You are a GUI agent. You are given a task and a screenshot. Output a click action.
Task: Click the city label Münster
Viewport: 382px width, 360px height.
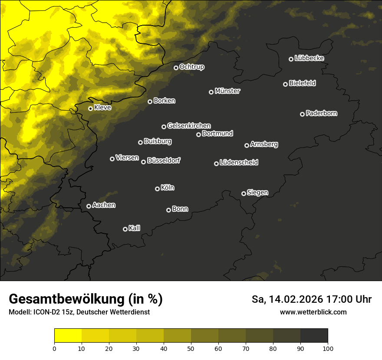pos(227,91)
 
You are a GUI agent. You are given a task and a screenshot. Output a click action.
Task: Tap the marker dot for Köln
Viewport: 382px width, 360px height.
pos(157,189)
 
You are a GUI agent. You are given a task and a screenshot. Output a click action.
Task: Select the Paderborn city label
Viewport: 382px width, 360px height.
pos(321,113)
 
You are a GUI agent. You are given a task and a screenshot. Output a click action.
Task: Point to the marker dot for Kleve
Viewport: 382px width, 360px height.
pos(90,108)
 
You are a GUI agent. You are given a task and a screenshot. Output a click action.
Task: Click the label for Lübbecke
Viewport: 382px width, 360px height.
pos(309,58)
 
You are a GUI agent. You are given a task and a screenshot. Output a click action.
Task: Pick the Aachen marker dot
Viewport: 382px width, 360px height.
pos(89,206)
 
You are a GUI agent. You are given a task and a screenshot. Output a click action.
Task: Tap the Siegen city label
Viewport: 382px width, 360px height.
pos(257,193)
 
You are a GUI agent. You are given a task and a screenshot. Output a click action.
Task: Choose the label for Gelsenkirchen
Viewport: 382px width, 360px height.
pos(189,126)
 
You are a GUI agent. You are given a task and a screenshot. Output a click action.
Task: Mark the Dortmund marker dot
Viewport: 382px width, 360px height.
pos(198,134)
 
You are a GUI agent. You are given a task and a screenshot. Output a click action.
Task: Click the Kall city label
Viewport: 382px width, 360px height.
pos(135,228)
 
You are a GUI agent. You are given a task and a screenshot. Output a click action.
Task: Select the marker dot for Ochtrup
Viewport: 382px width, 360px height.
pos(176,68)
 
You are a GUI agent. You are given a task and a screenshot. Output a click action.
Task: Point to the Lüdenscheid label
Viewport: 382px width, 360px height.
pos(239,163)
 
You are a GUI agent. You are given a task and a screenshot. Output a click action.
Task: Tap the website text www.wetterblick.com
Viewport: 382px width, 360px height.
pos(313,312)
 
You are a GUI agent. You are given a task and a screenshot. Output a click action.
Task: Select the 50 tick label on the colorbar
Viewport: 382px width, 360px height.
pos(191,348)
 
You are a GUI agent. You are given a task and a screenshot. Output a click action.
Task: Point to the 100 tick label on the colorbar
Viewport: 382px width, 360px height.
pos(328,348)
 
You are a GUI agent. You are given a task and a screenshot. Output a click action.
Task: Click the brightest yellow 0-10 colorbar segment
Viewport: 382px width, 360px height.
pos(68,336)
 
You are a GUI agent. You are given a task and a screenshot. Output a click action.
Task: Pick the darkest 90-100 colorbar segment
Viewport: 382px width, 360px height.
pos(314,336)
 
